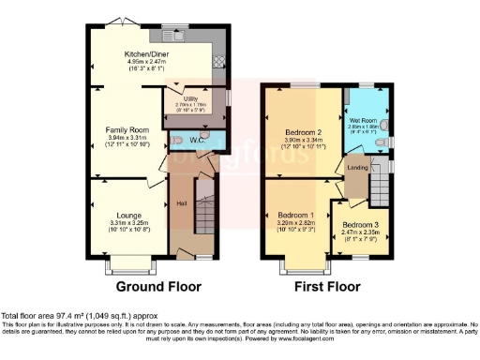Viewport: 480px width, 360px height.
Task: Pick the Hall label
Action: [x=182, y=203]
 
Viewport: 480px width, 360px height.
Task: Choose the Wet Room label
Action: [x=365, y=121]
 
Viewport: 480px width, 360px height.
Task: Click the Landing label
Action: [x=357, y=168]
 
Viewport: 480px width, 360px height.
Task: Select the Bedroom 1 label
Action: [x=295, y=215]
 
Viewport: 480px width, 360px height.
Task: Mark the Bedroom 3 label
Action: [x=360, y=226]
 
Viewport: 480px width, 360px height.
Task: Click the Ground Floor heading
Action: [x=155, y=286]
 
